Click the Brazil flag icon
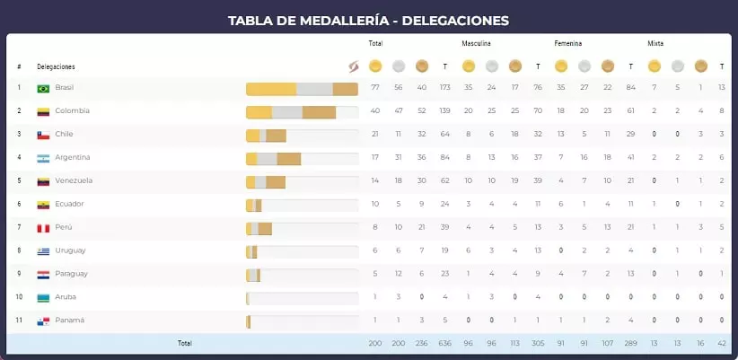point(43,88)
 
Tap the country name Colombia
point(72,111)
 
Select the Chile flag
point(43,135)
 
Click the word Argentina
point(73,158)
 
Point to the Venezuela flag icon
point(43,181)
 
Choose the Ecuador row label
point(70,205)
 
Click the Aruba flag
point(43,297)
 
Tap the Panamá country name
point(69,320)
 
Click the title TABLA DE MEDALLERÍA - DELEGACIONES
point(368,20)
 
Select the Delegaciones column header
point(56,66)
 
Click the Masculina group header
point(476,43)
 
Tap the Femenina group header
point(568,43)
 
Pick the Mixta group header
point(655,43)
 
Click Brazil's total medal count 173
point(444,88)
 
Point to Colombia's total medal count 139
point(444,111)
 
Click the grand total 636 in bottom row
point(444,343)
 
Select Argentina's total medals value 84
point(444,158)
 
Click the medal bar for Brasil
point(302,88)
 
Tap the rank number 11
point(19,320)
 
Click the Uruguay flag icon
point(43,251)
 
